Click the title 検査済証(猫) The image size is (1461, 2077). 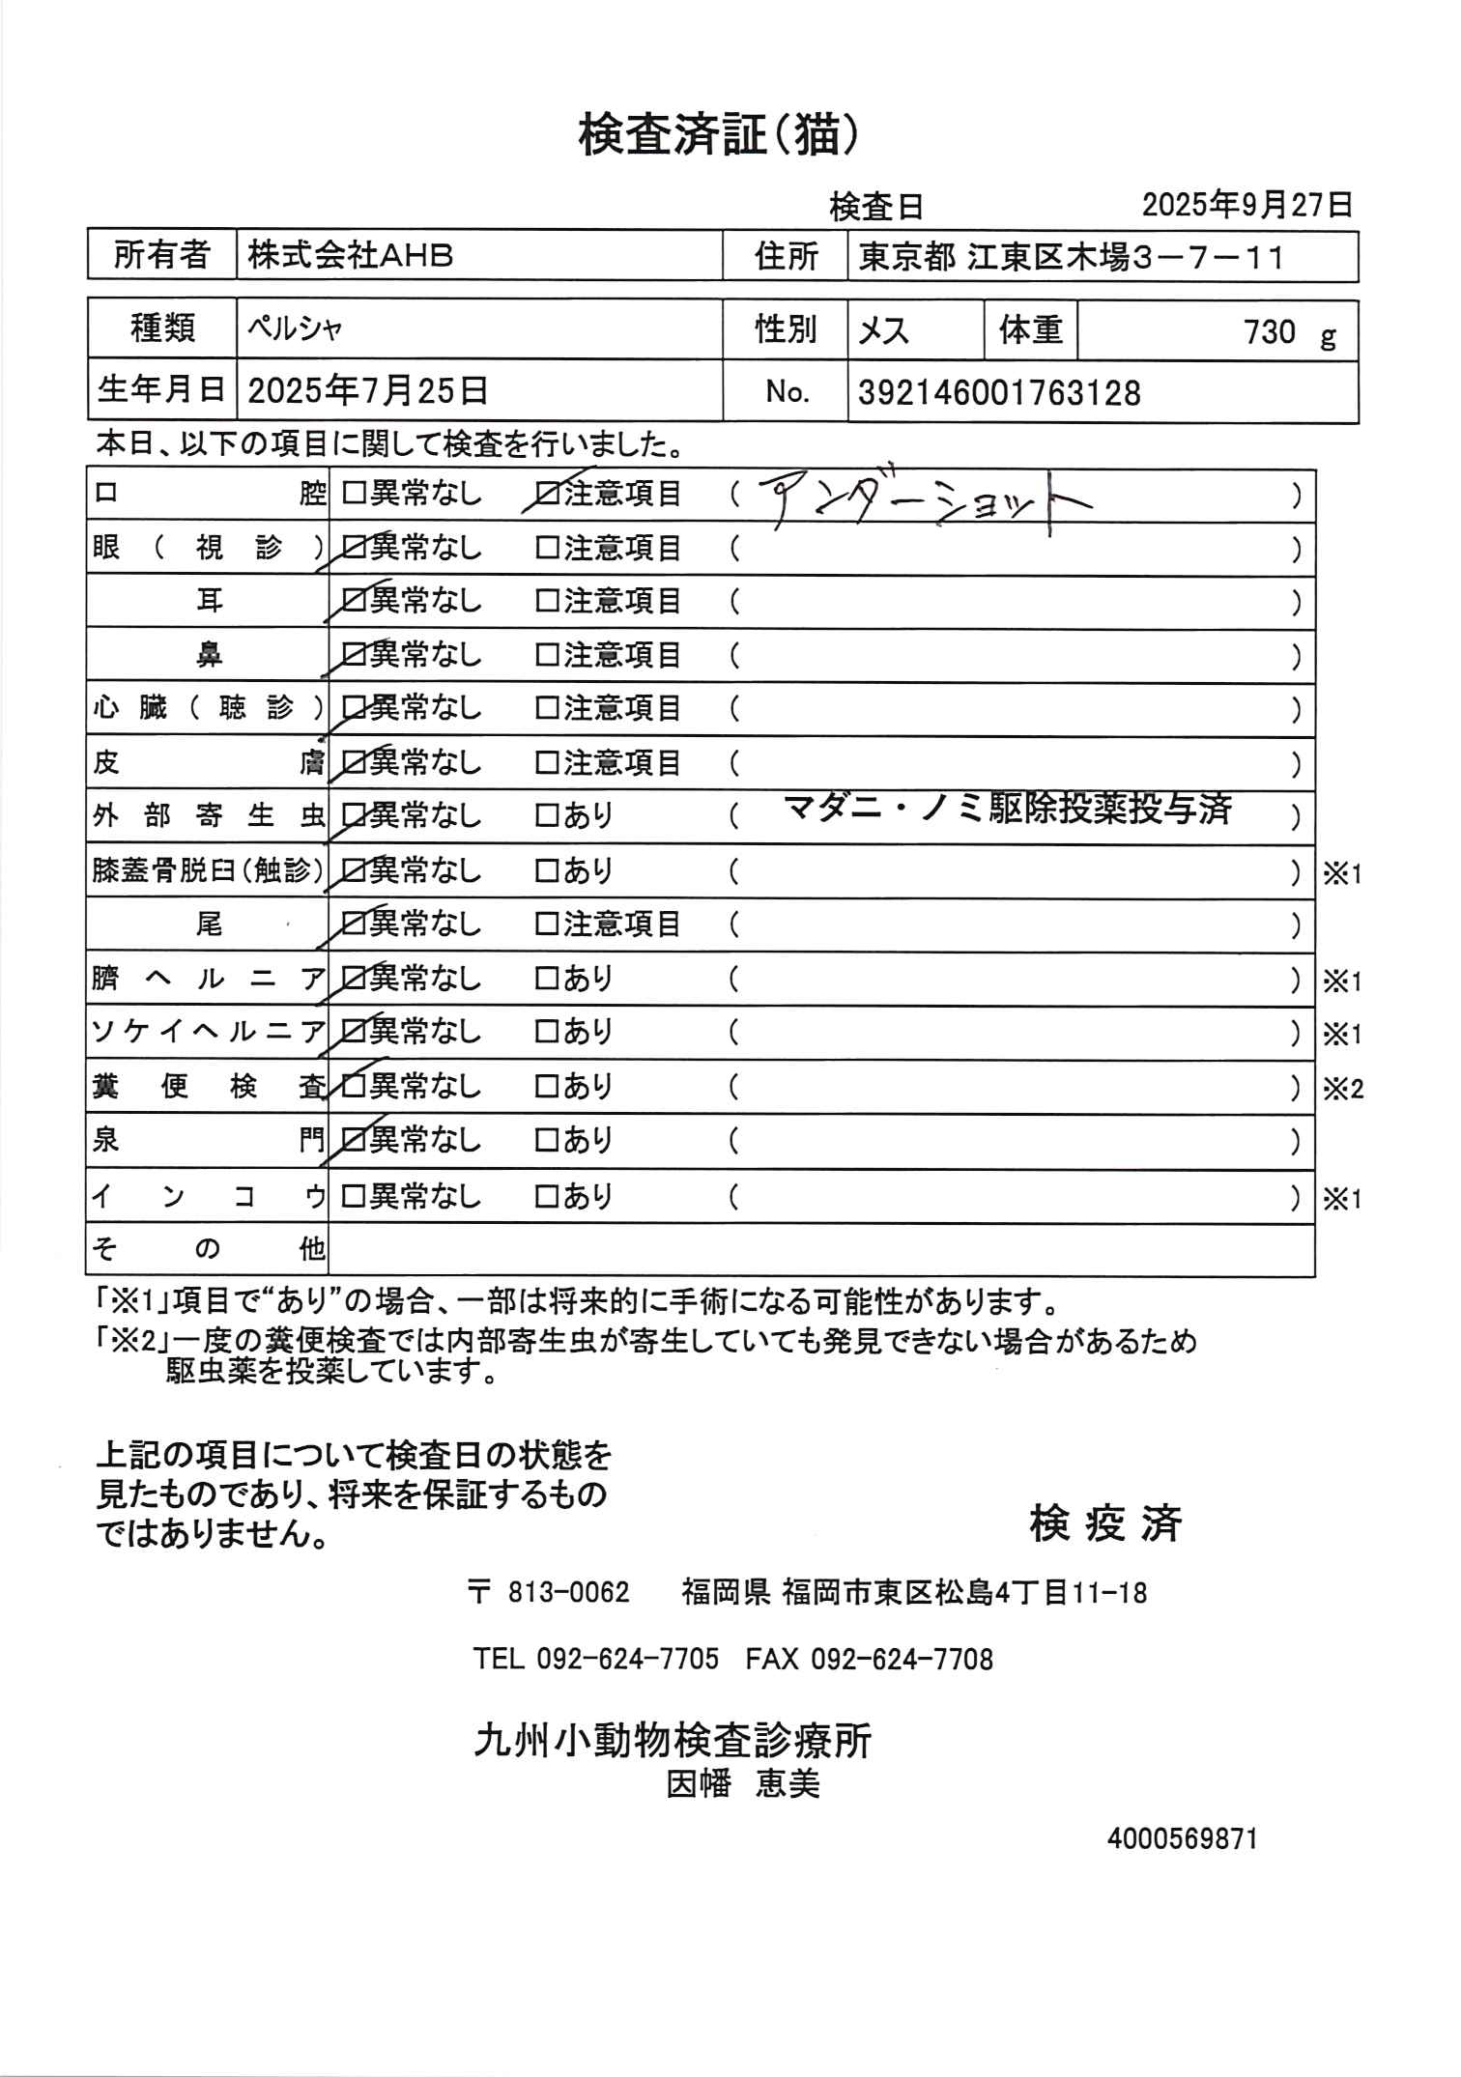click(718, 134)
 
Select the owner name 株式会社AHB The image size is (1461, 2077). click(351, 256)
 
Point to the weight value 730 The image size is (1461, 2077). click(1269, 332)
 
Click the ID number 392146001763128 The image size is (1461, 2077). click(999, 393)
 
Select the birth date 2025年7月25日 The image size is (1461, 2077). click(368, 391)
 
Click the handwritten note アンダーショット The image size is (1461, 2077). click(928, 500)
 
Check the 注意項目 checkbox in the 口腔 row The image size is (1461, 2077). click(547, 495)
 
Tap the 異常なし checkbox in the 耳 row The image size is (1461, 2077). click(354, 601)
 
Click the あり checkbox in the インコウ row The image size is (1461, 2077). click(547, 1198)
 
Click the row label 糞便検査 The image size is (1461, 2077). click(208, 1088)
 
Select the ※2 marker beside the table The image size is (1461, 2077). click(1342, 1090)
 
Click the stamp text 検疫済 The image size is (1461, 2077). click(1105, 1524)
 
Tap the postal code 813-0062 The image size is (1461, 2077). click(568, 1592)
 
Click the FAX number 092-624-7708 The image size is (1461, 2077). click(901, 1660)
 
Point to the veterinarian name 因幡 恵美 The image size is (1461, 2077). click(742, 1783)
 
